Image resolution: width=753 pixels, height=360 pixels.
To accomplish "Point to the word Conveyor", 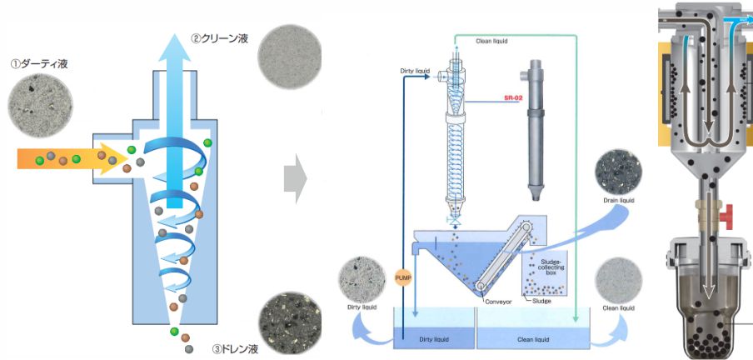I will (x=501, y=302).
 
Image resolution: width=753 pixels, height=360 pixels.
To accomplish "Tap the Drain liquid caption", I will (x=618, y=200).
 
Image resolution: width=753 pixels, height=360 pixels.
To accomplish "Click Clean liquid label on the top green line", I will (x=491, y=40).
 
